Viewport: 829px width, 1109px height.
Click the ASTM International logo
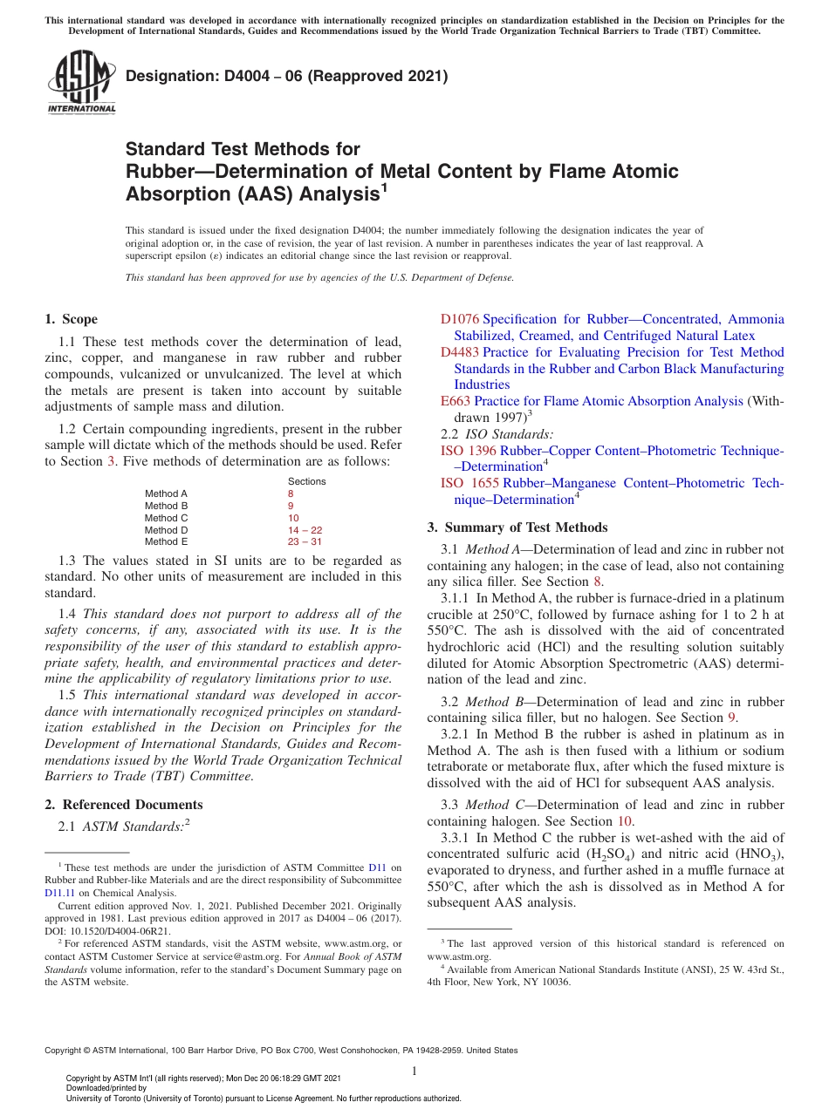[x=81, y=82]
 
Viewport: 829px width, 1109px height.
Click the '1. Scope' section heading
[x=71, y=319]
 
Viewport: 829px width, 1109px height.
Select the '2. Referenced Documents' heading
[x=124, y=805]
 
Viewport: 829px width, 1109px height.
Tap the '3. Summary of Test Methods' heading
[x=517, y=527]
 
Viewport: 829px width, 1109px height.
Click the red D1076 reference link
[x=460, y=320]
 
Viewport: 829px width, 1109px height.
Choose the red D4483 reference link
[x=460, y=352]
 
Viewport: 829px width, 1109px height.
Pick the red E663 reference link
[x=456, y=401]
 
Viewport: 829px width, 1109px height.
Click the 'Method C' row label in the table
[x=166, y=518]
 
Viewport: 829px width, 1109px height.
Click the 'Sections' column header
[x=306, y=481]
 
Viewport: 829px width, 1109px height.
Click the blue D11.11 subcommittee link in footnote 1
[x=60, y=893]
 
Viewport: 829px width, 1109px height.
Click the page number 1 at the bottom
[x=414, y=1072]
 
